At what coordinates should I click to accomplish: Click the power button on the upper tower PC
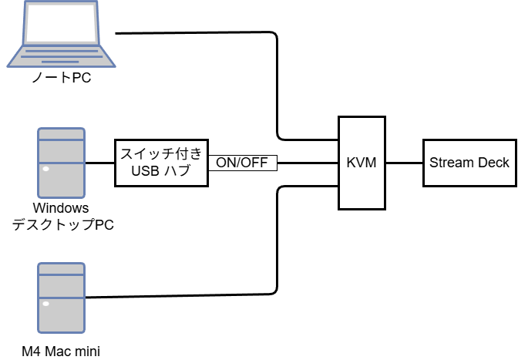46,169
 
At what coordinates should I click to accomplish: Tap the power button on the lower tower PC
46,304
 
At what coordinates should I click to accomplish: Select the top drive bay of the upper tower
62,134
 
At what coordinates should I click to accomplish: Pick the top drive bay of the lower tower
62,269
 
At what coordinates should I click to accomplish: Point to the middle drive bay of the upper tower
62,151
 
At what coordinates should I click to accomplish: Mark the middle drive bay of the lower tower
62,286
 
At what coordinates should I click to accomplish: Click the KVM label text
362,163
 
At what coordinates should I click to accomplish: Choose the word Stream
449,163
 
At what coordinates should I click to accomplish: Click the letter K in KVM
351,163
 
